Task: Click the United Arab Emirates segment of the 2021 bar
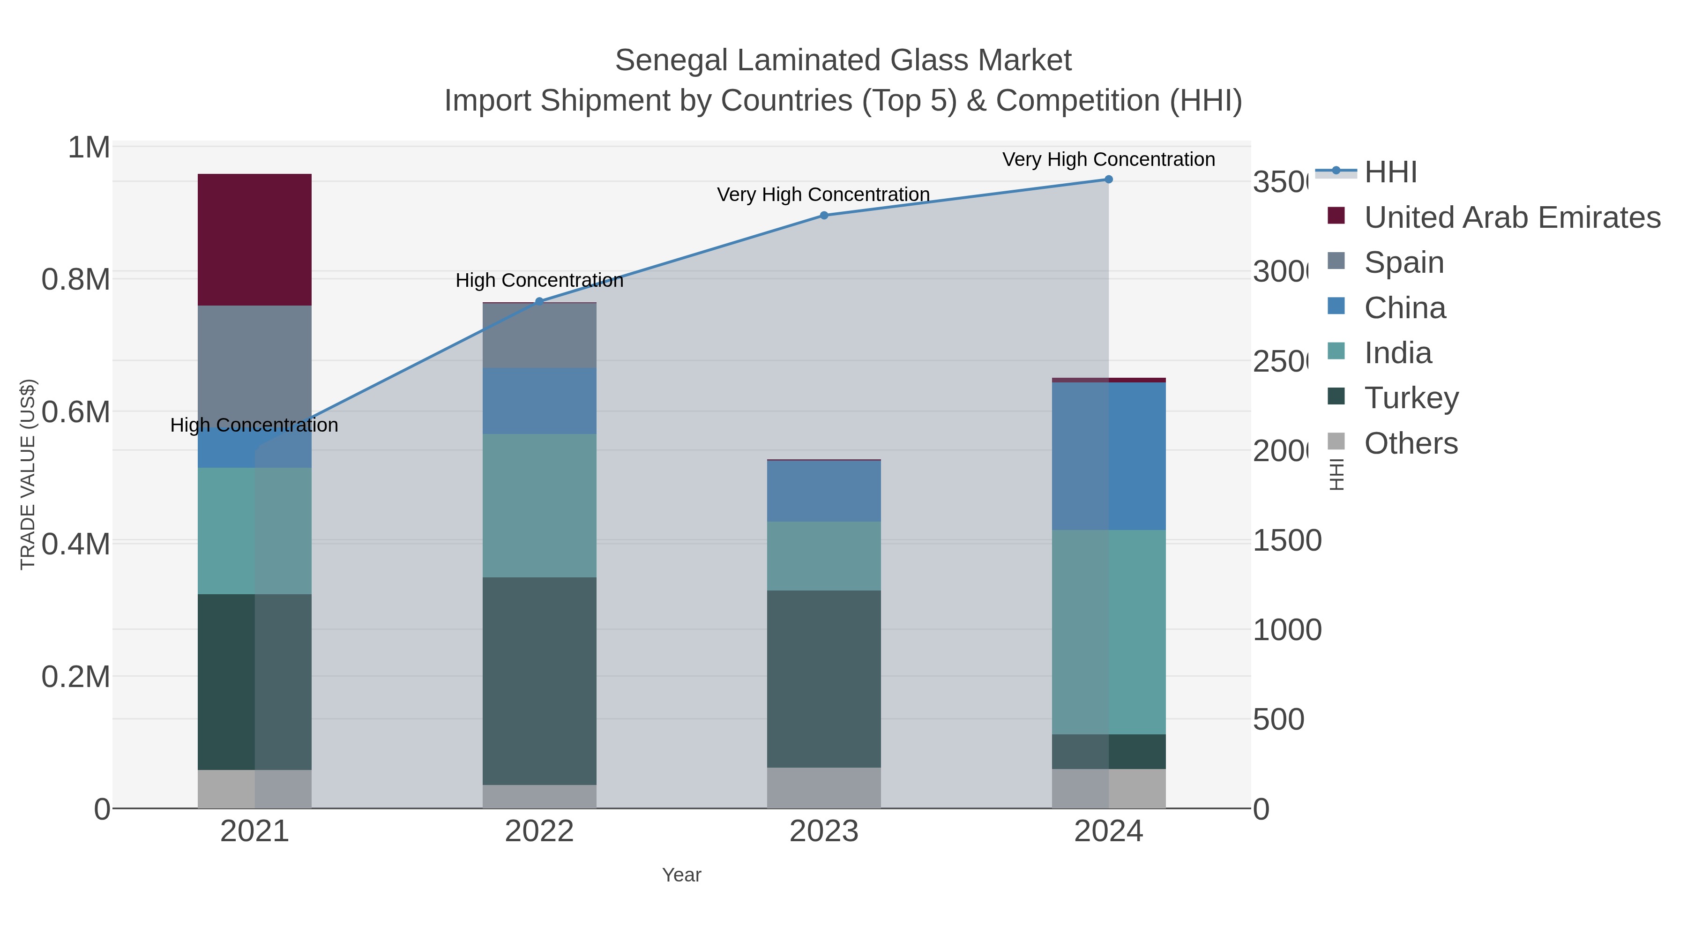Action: click(x=254, y=239)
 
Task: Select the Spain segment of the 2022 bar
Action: click(x=539, y=336)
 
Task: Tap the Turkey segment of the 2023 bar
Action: click(x=823, y=679)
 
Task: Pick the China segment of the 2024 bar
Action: click(x=1108, y=456)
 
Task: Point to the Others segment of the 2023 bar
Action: click(x=823, y=787)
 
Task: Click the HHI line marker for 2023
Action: click(x=824, y=216)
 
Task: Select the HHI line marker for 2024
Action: click(x=1108, y=179)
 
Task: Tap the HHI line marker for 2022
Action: click(x=539, y=301)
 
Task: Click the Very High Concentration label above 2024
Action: click(x=1108, y=159)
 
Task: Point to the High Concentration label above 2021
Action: click(x=254, y=425)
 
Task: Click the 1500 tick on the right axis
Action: click(x=1286, y=541)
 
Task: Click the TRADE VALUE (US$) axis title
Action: click(x=28, y=474)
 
